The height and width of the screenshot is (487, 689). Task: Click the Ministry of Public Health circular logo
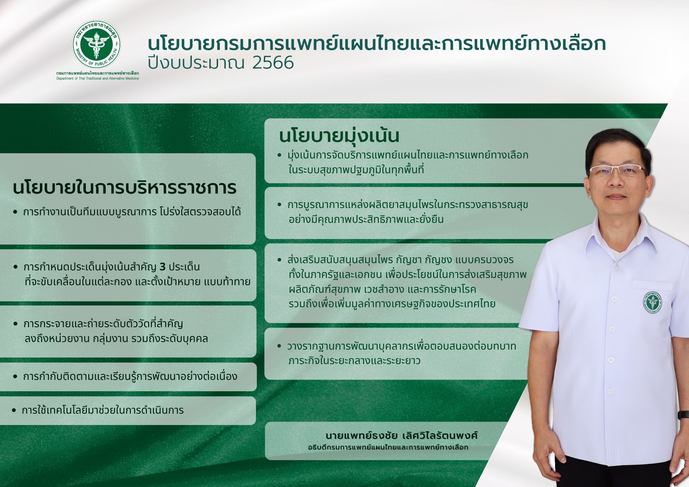96,44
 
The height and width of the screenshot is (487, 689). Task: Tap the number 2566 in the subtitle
273,63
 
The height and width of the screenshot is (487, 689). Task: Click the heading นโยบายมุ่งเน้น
339,135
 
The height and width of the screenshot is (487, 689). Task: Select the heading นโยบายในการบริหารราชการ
125,188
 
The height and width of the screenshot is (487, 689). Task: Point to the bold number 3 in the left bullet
163,267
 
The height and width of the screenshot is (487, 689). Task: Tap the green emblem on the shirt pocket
652,302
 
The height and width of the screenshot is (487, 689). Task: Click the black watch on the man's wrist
684,414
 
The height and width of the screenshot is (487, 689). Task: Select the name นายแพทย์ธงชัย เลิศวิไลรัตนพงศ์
402,435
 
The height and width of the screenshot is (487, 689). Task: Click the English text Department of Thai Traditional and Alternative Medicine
97,79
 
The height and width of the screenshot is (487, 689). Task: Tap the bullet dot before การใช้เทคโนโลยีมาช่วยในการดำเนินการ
14,410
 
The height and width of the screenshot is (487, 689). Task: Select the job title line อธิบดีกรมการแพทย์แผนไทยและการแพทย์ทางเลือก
388,447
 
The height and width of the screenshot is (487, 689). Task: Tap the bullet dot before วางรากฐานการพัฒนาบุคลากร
279,346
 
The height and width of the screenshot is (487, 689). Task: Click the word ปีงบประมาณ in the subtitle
196,63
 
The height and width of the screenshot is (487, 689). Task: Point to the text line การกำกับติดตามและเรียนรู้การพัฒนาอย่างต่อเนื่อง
130,376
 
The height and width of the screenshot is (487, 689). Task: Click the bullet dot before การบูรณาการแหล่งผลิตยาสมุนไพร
279,205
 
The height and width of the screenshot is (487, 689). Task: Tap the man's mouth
616,197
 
